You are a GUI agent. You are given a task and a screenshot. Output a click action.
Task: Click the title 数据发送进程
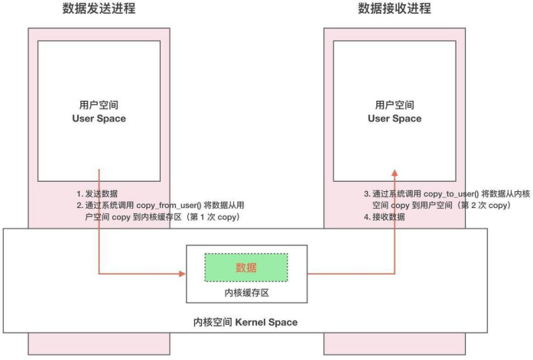(x=99, y=9)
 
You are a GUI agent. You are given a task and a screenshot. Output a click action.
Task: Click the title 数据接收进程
(x=395, y=9)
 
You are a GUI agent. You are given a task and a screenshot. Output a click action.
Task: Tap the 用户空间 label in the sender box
(x=99, y=104)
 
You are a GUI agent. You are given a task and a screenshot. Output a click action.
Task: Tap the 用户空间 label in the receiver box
(x=395, y=104)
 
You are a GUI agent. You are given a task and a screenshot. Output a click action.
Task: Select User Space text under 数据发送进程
(x=99, y=118)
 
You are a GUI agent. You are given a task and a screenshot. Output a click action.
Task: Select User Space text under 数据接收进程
(x=395, y=118)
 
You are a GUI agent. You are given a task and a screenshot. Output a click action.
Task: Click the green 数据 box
(x=246, y=267)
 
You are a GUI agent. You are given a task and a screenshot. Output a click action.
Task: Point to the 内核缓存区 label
(x=246, y=293)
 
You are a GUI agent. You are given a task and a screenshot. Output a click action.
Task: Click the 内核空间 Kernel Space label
(x=245, y=323)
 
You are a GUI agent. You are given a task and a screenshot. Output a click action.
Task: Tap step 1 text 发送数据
(x=102, y=194)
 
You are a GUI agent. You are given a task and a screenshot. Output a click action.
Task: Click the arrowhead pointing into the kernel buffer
(x=184, y=272)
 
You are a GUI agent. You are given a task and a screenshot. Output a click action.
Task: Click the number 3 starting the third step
(x=366, y=194)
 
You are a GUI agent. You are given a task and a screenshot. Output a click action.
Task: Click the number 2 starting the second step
(x=79, y=206)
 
